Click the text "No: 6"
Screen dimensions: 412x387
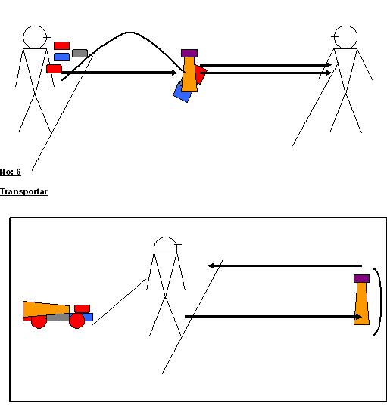click(11, 172)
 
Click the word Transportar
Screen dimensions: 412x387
click(23, 192)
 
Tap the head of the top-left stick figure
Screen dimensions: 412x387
click(34, 37)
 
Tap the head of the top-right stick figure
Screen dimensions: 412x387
click(345, 37)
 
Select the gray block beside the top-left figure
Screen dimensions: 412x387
click(80, 53)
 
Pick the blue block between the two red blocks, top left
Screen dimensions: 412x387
click(61, 57)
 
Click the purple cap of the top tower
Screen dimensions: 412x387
click(189, 53)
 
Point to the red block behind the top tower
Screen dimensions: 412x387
click(201, 74)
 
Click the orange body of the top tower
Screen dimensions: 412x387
click(189, 76)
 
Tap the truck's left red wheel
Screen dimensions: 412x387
click(39, 321)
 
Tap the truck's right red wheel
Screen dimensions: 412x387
click(76, 321)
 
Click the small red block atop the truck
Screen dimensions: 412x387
click(82, 308)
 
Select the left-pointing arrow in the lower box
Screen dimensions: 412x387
click(284, 265)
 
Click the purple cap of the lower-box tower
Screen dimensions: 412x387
click(362, 278)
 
